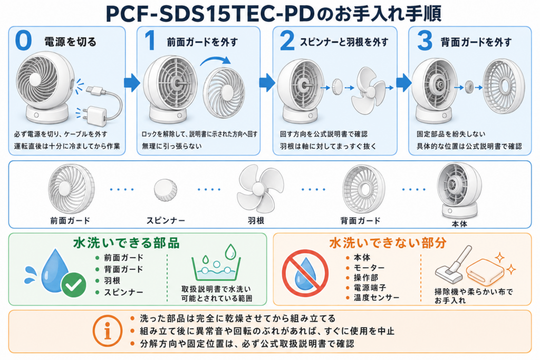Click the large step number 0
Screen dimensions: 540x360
pyautogui.click(x=23, y=41)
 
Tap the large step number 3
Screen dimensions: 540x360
pyautogui.click(x=425, y=41)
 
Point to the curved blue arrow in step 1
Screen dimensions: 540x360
pyautogui.click(x=216, y=61)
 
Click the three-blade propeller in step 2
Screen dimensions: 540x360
pyautogui.click(x=368, y=90)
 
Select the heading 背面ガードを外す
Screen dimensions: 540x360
pyautogui.click(x=476, y=42)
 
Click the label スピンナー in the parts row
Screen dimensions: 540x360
pyautogui.click(x=166, y=221)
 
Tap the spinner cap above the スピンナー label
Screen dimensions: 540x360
pyautogui.click(x=165, y=190)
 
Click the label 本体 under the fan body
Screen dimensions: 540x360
pyautogui.click(x=459, y=223)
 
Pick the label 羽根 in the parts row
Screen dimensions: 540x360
pyautogui.click(x=256, y=221)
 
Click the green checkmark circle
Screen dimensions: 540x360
pyautogui.click(x=73, y=285)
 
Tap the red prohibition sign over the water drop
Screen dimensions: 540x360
pyautogui.click(x=305, y=273)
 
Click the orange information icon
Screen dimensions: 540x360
pyautogui.click(x=108, y=330)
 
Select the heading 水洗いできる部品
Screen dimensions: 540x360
pyautogui.click(x=127, y=243)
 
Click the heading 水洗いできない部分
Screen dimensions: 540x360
pyautogui.click(x=388, y=243)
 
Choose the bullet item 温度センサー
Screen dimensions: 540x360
pyautogui.click(x=377, y=297)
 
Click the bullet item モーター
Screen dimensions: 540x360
pyautogui.click(x=369, y=267)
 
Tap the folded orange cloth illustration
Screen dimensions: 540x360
pyautogui.click(x=485, y=271)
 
